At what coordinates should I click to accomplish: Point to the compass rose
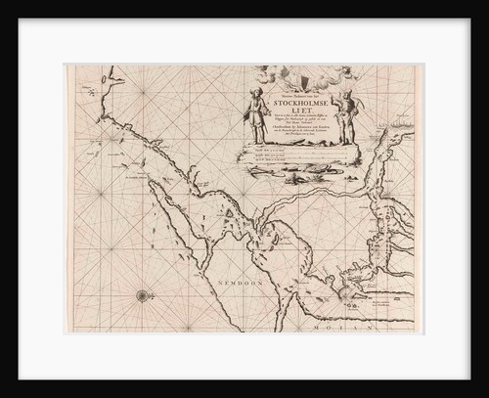click(143, 294)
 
